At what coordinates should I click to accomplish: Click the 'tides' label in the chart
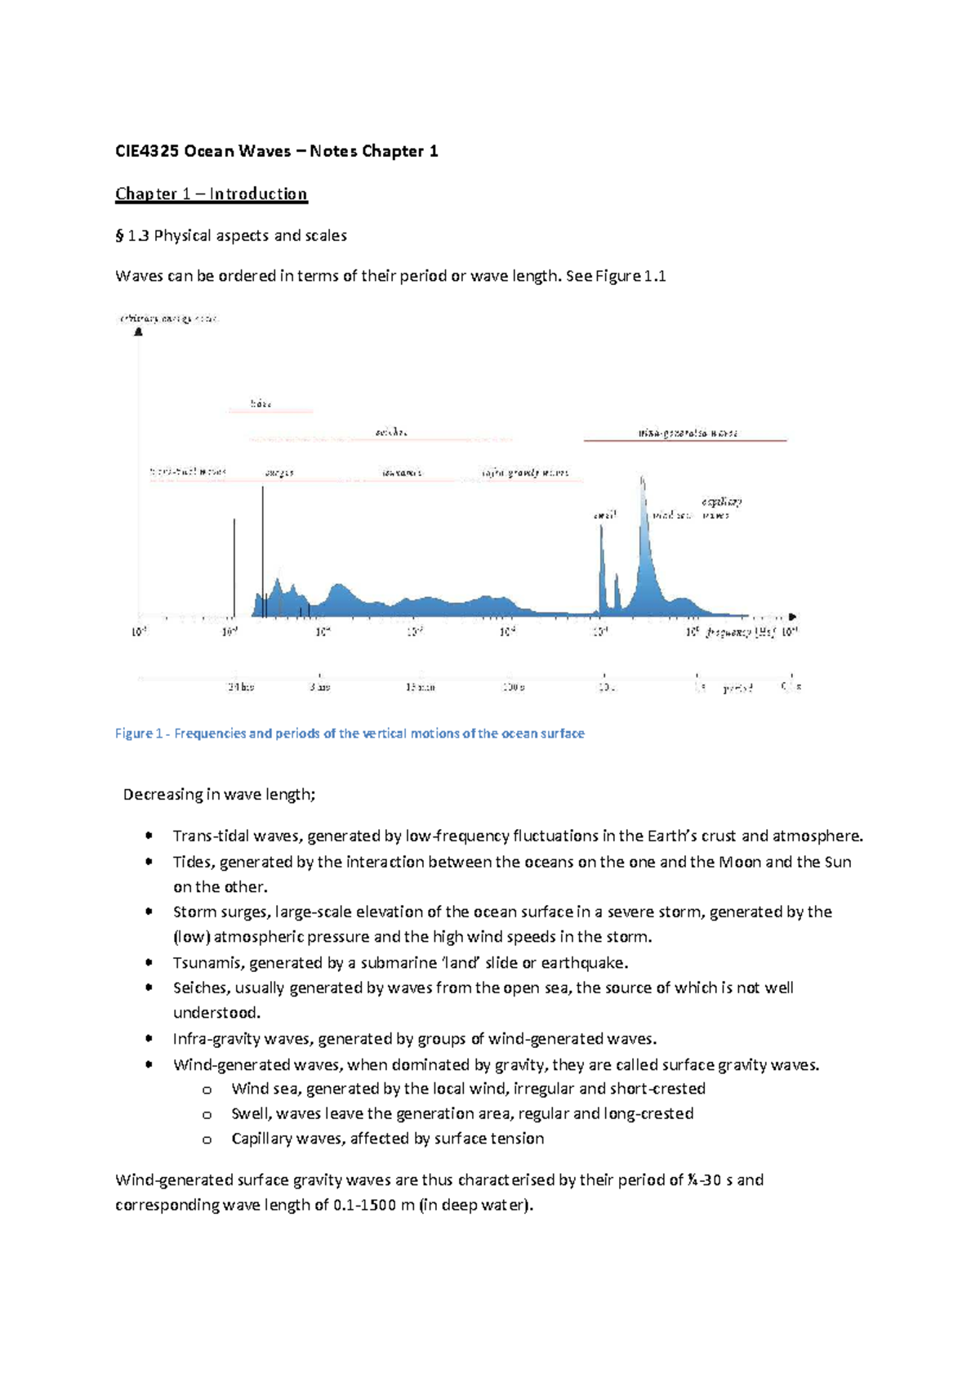(261, 404)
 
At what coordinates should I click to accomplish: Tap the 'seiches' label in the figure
(391, 431)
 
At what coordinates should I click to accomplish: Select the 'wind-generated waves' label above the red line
(688, 433)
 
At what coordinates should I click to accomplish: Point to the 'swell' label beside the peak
(604, 515)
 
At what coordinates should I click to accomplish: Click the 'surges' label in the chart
(279, 473)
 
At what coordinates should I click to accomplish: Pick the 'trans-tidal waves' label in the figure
(188, 472)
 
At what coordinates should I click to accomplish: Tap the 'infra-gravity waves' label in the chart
(524, 473)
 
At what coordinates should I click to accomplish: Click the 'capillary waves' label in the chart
(720, 508)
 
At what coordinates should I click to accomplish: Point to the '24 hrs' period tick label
(240, 688)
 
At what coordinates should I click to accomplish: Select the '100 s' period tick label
(513, 688)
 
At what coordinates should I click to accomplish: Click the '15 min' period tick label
(420, 688)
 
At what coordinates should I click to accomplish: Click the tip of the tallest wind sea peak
(642, 477)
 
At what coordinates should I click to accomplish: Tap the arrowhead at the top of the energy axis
(139, 332)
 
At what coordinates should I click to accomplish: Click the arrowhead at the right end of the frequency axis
(792, 617)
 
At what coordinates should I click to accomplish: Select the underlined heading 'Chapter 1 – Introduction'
(211, 194)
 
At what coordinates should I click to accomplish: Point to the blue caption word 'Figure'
(134, 734)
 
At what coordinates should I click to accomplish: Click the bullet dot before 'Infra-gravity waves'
(149, 1039)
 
